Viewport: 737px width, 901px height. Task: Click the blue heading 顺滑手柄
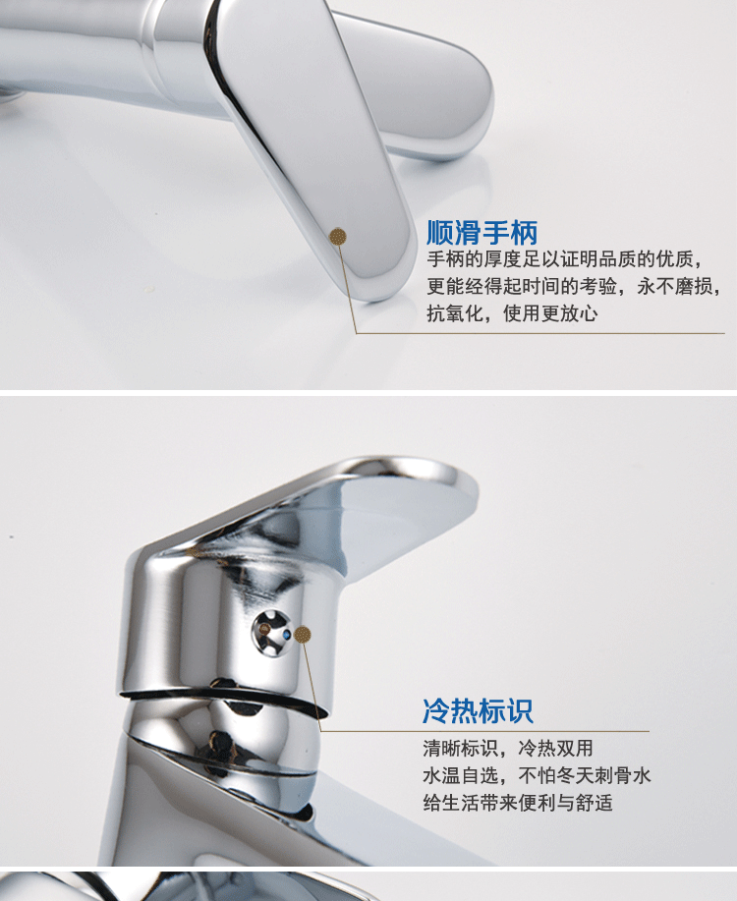tap(482, 233)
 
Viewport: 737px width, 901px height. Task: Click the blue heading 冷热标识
tap(478, 711)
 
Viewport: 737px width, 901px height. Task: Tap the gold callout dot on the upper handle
tap(338, 236)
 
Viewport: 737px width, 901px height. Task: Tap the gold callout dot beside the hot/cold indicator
tap(303, 635)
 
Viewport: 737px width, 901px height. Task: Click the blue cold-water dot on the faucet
tap(287, 635)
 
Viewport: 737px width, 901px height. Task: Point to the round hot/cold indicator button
tap(272, 633)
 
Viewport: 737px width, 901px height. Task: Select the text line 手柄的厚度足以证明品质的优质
tap(564, 259)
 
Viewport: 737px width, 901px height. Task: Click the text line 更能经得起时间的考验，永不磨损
tap(573, 286)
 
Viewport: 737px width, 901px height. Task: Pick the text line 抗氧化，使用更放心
tap(512, 313)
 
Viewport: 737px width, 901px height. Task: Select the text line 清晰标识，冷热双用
tap(508, 748)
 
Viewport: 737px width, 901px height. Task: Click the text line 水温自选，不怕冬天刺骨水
tap(537, 775)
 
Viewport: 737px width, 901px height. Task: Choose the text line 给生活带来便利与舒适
tap(518, 802)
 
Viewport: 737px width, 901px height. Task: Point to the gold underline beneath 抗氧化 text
tap(540, 333)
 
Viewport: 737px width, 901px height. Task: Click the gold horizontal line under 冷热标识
tap(484, 731)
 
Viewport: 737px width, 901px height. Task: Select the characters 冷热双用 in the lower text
tap(555, 748)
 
